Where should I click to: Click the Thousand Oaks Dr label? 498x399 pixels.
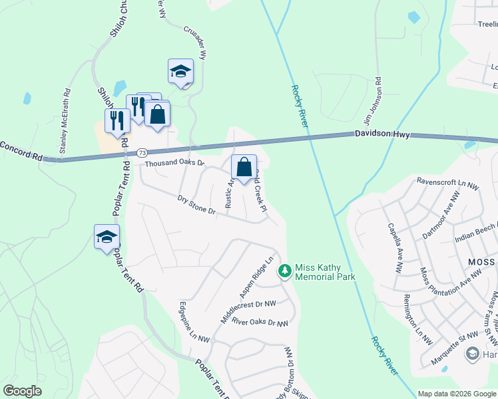pyautogui.click(x=174, y=162)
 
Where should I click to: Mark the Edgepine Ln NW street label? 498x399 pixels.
pyautogui.click(x=194, y=323)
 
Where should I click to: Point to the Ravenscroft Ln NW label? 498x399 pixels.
pyautogui.click(x=447, y=182)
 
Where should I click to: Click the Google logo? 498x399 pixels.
pyautogui.click(x=22, y=391)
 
